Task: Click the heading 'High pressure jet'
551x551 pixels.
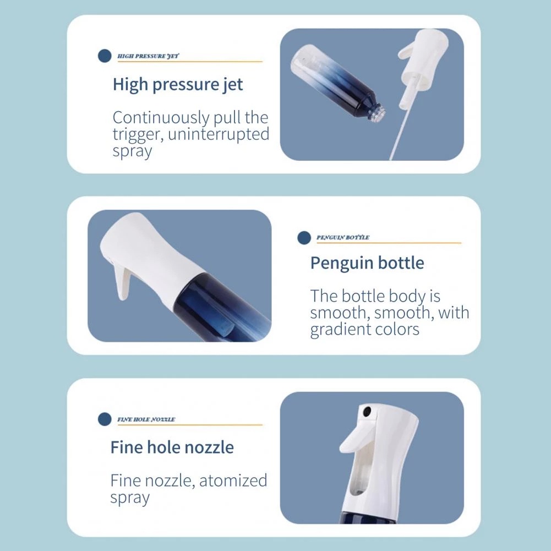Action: (177, 85)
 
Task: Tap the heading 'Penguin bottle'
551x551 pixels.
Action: (367, 264)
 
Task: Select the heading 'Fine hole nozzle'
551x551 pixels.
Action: (172, 448)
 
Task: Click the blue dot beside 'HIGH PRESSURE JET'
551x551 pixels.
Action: (105, 56)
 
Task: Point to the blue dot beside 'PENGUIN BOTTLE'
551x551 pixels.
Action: (304, 238)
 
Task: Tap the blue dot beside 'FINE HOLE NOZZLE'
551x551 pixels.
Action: (105, 419)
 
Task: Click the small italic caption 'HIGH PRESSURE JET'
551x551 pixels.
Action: (148, 56)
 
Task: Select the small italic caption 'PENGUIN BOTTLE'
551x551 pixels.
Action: (342, 238)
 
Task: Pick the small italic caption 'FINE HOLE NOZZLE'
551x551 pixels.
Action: (146, 419)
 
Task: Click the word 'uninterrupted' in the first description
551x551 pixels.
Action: (219, 135)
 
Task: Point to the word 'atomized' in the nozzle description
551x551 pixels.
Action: (233, 481)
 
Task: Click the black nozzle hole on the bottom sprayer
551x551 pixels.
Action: (367, 411)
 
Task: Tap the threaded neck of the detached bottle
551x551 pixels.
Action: (377, 113)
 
